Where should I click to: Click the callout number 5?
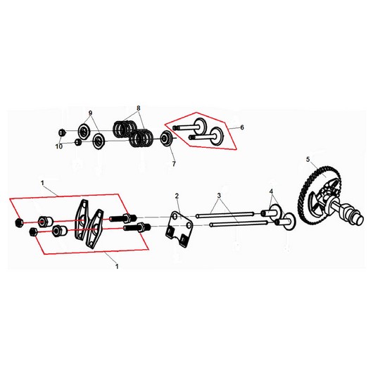308,159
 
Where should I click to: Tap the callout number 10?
59,146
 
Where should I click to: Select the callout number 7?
174,164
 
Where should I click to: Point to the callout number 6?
242,127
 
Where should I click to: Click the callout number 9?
90,113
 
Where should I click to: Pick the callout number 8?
139,108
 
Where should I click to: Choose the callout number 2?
177,196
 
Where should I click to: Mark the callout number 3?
219,196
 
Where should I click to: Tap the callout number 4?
272,191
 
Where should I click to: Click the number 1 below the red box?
117,267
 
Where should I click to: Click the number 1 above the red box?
42,183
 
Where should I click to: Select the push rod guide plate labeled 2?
179,228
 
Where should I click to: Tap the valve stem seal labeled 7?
166,138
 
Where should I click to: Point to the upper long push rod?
225,215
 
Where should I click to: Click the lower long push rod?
239,224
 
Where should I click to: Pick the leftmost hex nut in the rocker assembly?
18,222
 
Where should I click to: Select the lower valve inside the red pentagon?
206,136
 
